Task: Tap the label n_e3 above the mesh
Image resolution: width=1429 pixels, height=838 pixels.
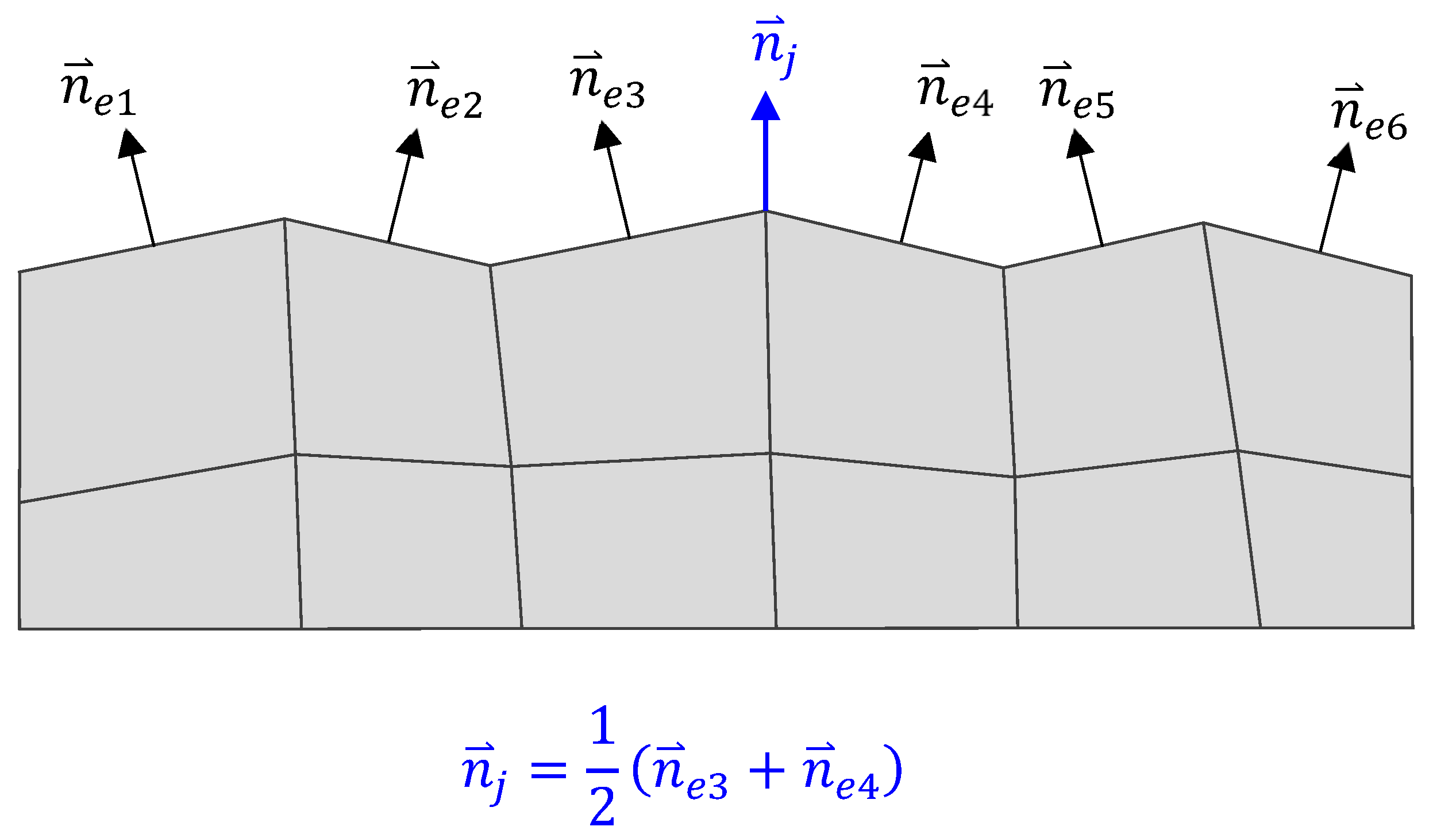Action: pos(608,83)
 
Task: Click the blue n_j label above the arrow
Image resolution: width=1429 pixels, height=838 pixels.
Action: pos(774,49)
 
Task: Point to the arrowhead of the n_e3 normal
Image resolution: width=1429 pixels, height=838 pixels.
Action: pos(606,136)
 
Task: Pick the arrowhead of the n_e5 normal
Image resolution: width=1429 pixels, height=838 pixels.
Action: pos(1079,144)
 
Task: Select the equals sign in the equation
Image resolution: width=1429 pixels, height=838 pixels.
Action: pos(549,770)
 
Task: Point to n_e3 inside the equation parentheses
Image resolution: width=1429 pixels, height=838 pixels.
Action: pos(690,773)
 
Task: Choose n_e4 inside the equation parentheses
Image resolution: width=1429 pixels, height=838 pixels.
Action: pos(841,773)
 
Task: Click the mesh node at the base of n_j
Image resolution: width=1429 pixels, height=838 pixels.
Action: pos(765,212)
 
